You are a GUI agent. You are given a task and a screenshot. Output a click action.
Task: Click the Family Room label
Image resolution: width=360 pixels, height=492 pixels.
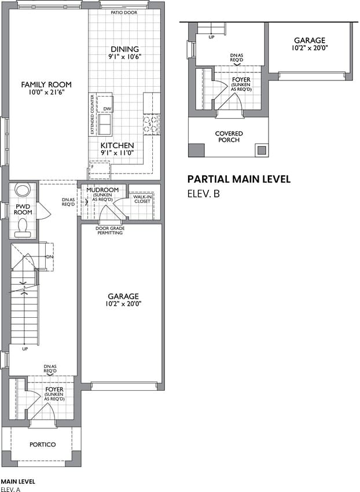click(46, 85)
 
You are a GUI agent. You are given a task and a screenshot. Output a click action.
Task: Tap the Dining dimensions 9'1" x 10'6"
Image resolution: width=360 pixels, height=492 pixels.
click(125, 57)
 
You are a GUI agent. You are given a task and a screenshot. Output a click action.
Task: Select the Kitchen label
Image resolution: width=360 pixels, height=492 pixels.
click(117, 145)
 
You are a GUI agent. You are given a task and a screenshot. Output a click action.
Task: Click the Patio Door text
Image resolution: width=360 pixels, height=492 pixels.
click(124, 13)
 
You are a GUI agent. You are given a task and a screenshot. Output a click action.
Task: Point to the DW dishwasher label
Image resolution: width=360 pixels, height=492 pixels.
click(107, 109)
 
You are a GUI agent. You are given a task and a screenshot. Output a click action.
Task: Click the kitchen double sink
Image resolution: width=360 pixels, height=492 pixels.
click(105, 124)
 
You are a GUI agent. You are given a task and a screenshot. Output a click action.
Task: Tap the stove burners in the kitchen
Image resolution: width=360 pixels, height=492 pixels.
click(151, 124)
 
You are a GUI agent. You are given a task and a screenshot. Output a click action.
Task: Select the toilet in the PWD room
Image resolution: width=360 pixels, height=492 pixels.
click(23, 227)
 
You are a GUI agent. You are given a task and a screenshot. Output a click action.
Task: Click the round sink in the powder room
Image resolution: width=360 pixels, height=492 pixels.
click(23, 189)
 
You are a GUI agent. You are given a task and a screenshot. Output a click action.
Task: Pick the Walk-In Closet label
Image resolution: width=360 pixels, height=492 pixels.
click(142, 199)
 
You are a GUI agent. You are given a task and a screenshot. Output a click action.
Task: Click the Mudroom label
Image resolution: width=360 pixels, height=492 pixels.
click(102, 190)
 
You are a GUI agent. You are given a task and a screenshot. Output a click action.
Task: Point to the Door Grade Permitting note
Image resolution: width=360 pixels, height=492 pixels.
click(110, 230)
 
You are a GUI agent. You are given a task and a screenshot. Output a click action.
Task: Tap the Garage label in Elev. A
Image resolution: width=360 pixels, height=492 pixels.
click(123, 296)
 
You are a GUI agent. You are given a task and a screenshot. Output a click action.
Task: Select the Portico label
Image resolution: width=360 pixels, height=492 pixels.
click(42, 445)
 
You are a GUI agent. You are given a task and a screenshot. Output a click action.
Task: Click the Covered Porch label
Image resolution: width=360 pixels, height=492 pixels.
click(229, 137)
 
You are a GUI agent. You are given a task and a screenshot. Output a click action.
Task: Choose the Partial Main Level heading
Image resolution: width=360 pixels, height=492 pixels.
click(239, 179)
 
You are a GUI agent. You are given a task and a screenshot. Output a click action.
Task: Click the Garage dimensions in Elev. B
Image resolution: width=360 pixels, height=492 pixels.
click(310, 48)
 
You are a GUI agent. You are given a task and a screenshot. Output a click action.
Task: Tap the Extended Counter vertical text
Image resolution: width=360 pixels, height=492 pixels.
click(92, 114)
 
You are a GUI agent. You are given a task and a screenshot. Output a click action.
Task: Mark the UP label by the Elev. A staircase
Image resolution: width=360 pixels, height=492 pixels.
click(25, 349)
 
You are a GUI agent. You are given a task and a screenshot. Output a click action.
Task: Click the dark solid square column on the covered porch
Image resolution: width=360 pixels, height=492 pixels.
click(196, 150)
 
